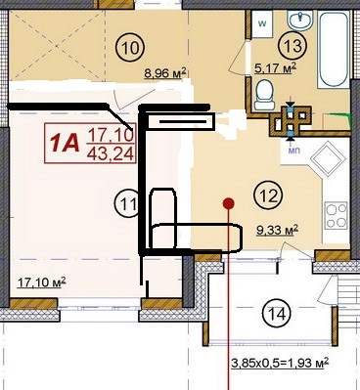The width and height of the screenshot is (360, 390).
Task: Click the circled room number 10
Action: coord(130,48)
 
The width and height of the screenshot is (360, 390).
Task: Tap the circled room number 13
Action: coord(292,46)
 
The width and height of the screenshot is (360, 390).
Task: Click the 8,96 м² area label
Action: coord(165,73)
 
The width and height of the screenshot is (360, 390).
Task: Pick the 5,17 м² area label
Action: coord(275,68)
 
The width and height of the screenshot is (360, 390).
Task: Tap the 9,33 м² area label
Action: coord(278,230)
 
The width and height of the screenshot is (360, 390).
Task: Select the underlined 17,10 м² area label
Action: coord(41,282)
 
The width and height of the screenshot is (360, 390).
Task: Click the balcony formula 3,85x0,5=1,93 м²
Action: coord(280,363)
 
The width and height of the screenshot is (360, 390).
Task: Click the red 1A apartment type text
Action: coord(65,144)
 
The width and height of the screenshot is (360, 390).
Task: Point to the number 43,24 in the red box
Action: coord(111,153)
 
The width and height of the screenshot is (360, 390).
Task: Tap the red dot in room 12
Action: coord(229,203)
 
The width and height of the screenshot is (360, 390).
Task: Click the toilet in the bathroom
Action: coord(264,95)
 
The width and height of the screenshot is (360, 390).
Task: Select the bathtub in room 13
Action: coord(333,49)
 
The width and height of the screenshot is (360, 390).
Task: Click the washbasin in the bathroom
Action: coord(300,21)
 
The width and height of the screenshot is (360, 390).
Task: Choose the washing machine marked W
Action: coord(262,24)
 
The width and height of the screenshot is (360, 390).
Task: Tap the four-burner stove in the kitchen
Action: coord(336,215)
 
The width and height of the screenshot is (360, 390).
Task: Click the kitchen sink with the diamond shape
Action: coord(328,159)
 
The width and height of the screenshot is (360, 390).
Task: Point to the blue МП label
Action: coord(293,151)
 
